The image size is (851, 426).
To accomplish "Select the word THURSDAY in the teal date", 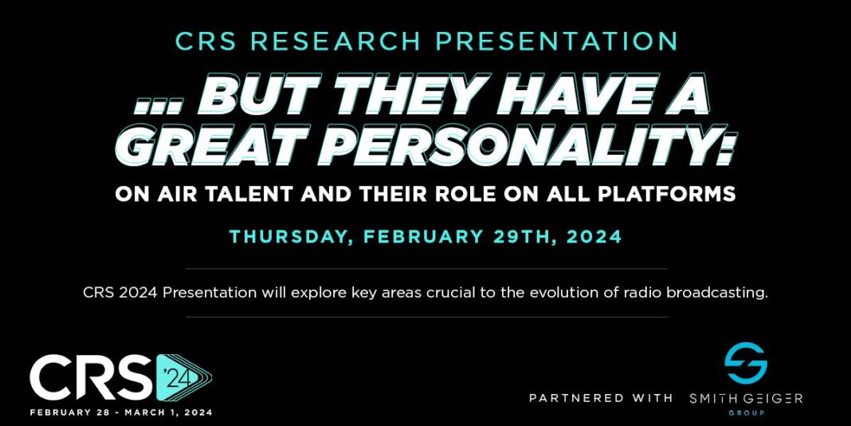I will click(282, 237).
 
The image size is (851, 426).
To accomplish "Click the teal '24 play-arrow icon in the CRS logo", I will click(181, 377).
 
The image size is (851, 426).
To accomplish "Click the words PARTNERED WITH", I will click(601, 397).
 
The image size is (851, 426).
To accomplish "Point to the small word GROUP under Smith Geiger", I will click(746, 413).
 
